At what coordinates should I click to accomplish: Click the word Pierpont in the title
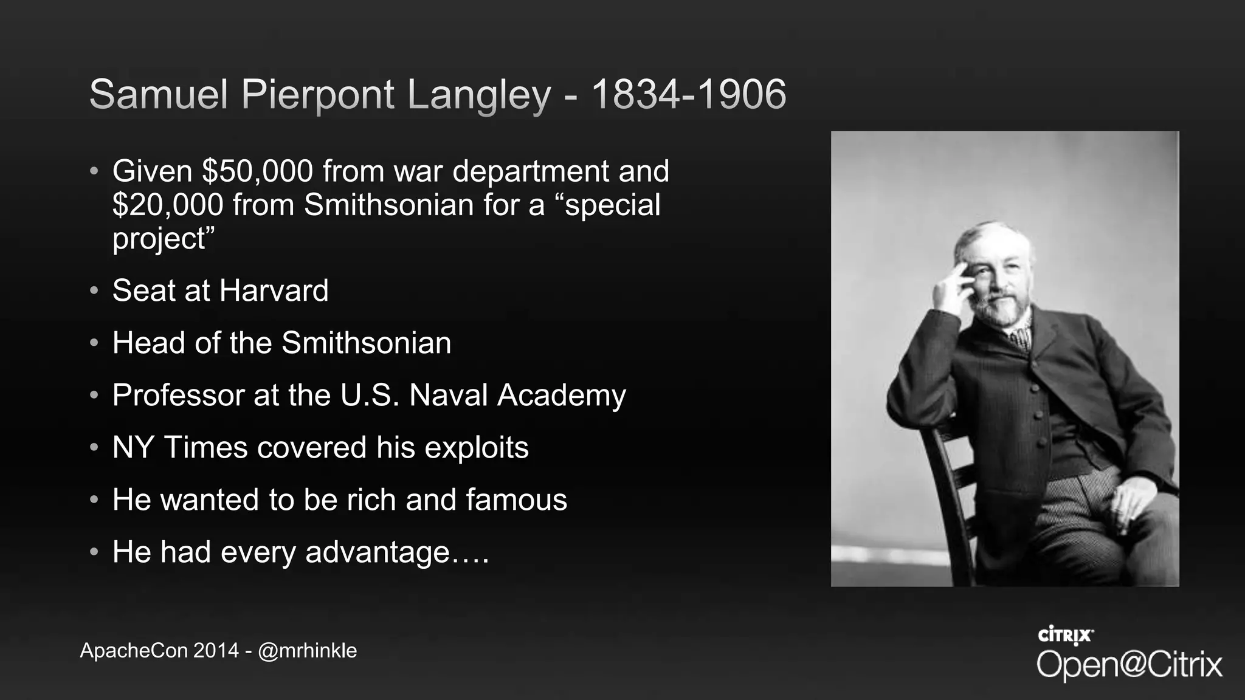[x=317, y=95]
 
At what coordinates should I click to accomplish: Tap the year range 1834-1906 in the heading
[x=688, y=95]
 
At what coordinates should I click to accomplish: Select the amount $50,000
[x=257, y=171]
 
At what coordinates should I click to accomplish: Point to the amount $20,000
[x=168, y=205]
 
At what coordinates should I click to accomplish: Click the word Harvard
[x=274, y=290]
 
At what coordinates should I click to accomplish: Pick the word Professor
[x=178, y=396]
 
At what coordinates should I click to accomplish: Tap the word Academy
[x=562, y=396]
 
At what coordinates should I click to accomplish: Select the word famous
[x=516, y=500]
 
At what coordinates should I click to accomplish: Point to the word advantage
[x=377, y=553]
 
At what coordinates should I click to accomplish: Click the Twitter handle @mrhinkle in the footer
[x=307, y=651]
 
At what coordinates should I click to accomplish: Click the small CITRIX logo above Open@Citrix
[x=1065, y=636]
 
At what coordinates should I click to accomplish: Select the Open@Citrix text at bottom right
[x=1129, y=664]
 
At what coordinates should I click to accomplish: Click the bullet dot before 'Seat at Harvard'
[x=94, y=290]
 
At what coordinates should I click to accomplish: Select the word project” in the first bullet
[x=164, y=239]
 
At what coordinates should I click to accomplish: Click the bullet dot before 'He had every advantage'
[x=94, y=552]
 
